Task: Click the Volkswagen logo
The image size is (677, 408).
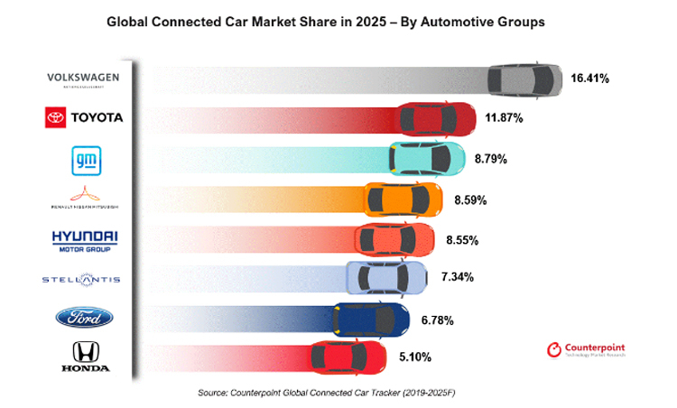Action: (x=83, y=79)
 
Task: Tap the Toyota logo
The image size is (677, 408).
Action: (x=84, y=118)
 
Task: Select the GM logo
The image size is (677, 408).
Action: (x=83, y=160)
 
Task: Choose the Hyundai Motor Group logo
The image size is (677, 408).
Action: (x=84, y=239)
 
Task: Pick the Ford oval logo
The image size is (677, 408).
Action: (x=84, y=317)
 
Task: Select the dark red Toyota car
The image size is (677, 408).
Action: (x=439, y=118)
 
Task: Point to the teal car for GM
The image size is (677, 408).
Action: (x=426, y=158)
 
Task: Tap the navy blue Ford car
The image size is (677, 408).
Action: (x=366, y=319)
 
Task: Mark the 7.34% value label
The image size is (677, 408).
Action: (x=459, y=280)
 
